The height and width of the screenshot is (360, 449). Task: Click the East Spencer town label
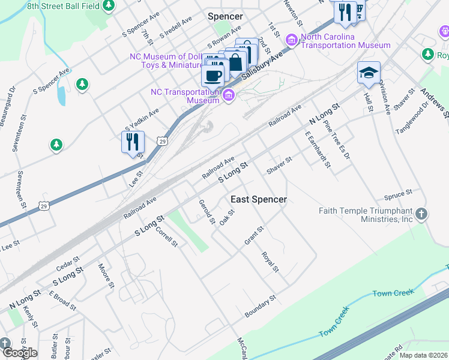tap(259, 199)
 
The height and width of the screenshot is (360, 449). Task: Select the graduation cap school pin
tap(369, 73)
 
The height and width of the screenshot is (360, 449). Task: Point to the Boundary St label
tap(260, 306)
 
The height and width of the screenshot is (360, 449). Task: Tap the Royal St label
tap(270, 261)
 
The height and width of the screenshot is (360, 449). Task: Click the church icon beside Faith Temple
tap(422, 214)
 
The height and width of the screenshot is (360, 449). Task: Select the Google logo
tap(19, 353)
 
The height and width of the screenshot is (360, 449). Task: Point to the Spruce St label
tap(398, 195)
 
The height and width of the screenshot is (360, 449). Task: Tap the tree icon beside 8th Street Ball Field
tap(109, 6)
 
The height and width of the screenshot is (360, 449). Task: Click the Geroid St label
tap(207, 212)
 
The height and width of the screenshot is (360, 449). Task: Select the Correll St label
tap(167, 236)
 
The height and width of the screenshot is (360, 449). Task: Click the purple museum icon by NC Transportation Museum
tap(228, 95)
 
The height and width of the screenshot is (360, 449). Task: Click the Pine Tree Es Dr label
tap(336, 139)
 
